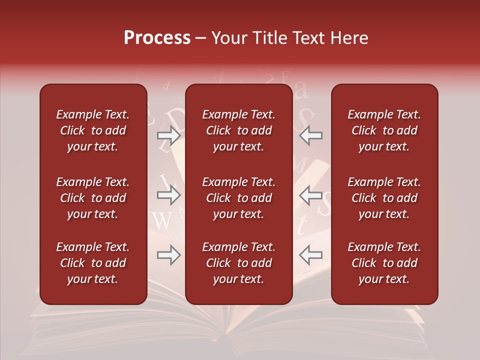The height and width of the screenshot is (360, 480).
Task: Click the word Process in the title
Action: coord(157,38)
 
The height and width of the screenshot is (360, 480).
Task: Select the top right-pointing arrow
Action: coord(169,135)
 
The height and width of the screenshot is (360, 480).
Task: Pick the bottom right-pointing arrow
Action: coord(169,255)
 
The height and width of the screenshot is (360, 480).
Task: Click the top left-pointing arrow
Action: coord(310,135)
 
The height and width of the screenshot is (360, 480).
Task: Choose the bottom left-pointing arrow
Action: coord(310,255)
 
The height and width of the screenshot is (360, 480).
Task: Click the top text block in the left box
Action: coord(93,130)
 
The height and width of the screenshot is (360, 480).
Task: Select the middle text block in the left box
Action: coord(93,198)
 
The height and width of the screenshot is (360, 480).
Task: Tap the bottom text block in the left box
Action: coord(93,263)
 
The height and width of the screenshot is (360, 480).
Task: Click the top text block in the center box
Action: coord(239,130)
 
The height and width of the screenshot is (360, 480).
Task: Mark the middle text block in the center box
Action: coord(239,198)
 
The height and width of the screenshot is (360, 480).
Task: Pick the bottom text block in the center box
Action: coord(239,263)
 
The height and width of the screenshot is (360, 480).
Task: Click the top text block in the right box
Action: coord(384,130)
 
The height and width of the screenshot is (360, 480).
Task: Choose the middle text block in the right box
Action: coord(384,198)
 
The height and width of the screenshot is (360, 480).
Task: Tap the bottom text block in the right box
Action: coord(384,263)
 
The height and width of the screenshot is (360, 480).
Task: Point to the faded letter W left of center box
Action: coord(162,221)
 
